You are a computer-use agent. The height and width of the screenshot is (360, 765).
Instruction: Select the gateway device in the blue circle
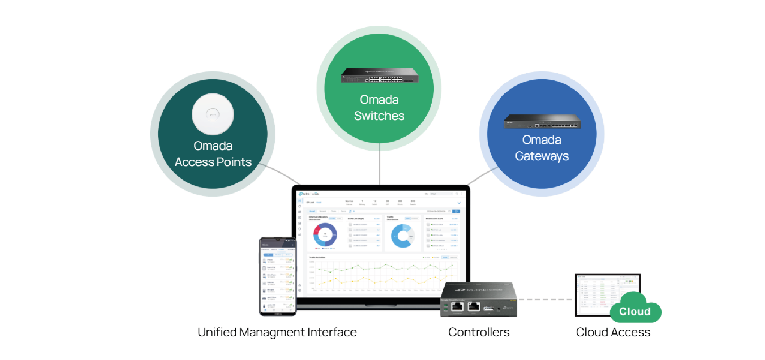542,122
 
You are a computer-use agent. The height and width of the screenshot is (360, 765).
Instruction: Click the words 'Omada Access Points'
213,154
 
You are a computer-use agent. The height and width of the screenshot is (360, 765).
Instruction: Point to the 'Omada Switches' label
379,107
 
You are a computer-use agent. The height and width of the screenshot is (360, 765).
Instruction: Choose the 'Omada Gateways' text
542,148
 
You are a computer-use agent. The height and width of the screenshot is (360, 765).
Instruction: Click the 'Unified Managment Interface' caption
277,332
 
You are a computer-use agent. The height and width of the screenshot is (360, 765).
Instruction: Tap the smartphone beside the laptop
278,276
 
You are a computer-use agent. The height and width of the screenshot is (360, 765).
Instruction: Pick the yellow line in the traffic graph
386,280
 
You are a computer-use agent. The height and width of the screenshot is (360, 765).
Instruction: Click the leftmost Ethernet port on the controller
457,306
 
